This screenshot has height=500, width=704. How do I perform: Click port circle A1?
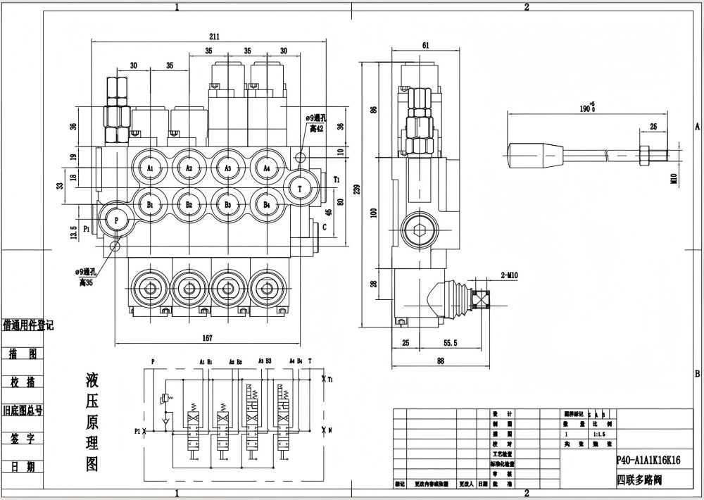pos(151,168)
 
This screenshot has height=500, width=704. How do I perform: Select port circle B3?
pos(228,204)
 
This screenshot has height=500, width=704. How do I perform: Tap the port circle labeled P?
pos(115,220)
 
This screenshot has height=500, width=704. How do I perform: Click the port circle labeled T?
pos(301,188)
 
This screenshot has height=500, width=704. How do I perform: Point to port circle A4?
pos(267,168)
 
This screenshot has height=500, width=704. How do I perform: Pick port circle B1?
pos(151,204)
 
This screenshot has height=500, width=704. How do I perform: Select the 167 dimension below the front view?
pos(207,338)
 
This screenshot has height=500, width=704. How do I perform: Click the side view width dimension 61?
pos(426,46)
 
